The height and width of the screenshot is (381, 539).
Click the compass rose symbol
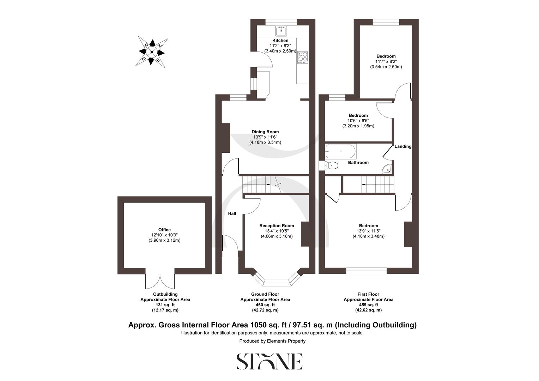coord(151,52)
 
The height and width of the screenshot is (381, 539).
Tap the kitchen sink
coord(281,30)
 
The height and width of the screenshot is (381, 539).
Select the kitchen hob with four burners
coord(303,58)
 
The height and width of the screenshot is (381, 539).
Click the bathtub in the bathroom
coord(340,151)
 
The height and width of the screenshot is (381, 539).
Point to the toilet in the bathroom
coord(331,165)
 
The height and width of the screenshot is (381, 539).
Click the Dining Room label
coord(266,132)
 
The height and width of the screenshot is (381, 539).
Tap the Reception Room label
coord(277,226)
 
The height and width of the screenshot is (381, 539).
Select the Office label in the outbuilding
coord(164,230)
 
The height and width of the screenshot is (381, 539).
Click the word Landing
coord(403,146)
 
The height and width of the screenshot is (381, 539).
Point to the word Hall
coord(232,213)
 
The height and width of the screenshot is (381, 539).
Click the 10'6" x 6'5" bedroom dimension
coord(358,121)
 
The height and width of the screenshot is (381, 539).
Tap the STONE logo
coord(269,361)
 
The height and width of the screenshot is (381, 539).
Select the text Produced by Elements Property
coord(272,341)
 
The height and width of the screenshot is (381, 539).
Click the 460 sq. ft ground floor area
coord(265,305)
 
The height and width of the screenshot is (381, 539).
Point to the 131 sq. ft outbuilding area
coord(165,305)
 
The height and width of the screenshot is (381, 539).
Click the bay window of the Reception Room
coord(277,281)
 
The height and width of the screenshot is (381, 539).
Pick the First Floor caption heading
coord(368,294)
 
